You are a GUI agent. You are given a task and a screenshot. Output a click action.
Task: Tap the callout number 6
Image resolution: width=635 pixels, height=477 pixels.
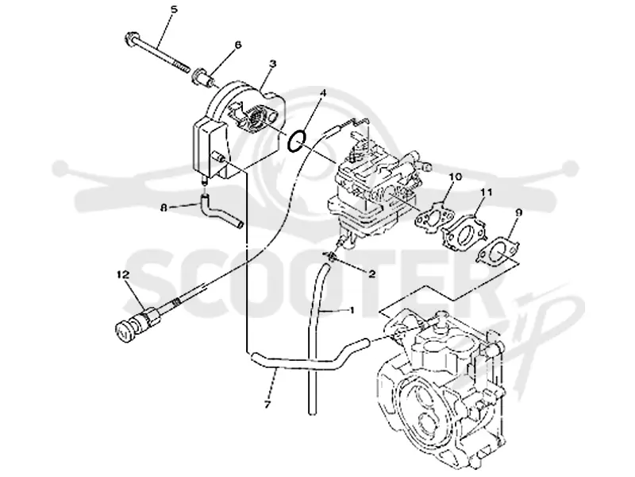tap(237, 45)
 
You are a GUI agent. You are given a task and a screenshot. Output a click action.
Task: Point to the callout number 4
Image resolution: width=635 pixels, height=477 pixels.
tap(322, 93)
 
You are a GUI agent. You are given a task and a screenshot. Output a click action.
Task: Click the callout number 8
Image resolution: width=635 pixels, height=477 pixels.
tap(164, 207)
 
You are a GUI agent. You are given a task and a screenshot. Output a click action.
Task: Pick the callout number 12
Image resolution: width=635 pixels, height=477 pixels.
tap(123, 274)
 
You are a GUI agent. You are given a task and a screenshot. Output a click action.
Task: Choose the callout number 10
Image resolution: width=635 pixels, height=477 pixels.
tap(455, 176)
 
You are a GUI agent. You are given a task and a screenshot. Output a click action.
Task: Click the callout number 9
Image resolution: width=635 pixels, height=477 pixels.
tap(519, 211)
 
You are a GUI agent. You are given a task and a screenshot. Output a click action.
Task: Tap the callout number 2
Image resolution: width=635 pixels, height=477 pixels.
tap(371, 274)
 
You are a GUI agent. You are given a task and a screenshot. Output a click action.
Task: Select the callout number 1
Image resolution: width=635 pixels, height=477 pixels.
tap(352, 310)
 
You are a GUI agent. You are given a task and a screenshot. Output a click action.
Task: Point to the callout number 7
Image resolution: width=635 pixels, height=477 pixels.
tap(267, 405)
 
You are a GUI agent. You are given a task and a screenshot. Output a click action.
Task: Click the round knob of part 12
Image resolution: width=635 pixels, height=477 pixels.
tap(123, 331)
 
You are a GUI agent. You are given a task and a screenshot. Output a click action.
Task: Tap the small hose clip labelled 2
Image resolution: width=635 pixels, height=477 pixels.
tap(330, 256)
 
